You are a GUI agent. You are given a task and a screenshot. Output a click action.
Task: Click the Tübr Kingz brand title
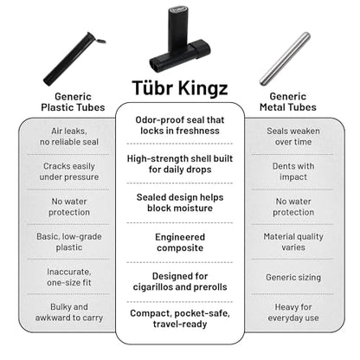pos(180,87)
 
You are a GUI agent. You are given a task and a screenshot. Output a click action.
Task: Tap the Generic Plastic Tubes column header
pos(73,102)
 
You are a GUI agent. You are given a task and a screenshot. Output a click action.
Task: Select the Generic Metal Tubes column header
pos(288,102)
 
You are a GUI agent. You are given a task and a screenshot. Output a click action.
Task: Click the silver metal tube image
pos(285,59)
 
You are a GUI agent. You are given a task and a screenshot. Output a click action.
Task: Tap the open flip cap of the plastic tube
pos(100,40)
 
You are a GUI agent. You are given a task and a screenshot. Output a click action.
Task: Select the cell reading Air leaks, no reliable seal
pos(69,137)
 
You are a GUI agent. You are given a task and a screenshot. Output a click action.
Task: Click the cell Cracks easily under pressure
pos(69,171)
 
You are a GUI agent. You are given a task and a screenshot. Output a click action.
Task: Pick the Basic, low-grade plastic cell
pos(69,241)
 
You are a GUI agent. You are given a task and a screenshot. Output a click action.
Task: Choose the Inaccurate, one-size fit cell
pos(69,277)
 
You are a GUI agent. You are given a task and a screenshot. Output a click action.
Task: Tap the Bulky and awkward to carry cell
pos(69,312)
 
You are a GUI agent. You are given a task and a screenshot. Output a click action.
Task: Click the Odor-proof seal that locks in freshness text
pos(180,125)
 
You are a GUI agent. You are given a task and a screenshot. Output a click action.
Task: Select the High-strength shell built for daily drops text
pos(180,164)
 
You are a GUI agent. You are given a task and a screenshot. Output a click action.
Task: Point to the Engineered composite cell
pos(180,242)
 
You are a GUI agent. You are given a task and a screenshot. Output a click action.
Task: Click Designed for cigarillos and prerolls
pos(180,281)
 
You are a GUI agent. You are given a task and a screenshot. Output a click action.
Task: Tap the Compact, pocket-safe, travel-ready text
pos(180,318)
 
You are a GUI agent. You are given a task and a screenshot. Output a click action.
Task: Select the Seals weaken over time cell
pos(293,137)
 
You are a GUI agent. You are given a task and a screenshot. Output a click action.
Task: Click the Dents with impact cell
pos(293,171)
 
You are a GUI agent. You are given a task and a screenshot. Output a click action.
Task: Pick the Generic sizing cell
pos(293,277)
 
